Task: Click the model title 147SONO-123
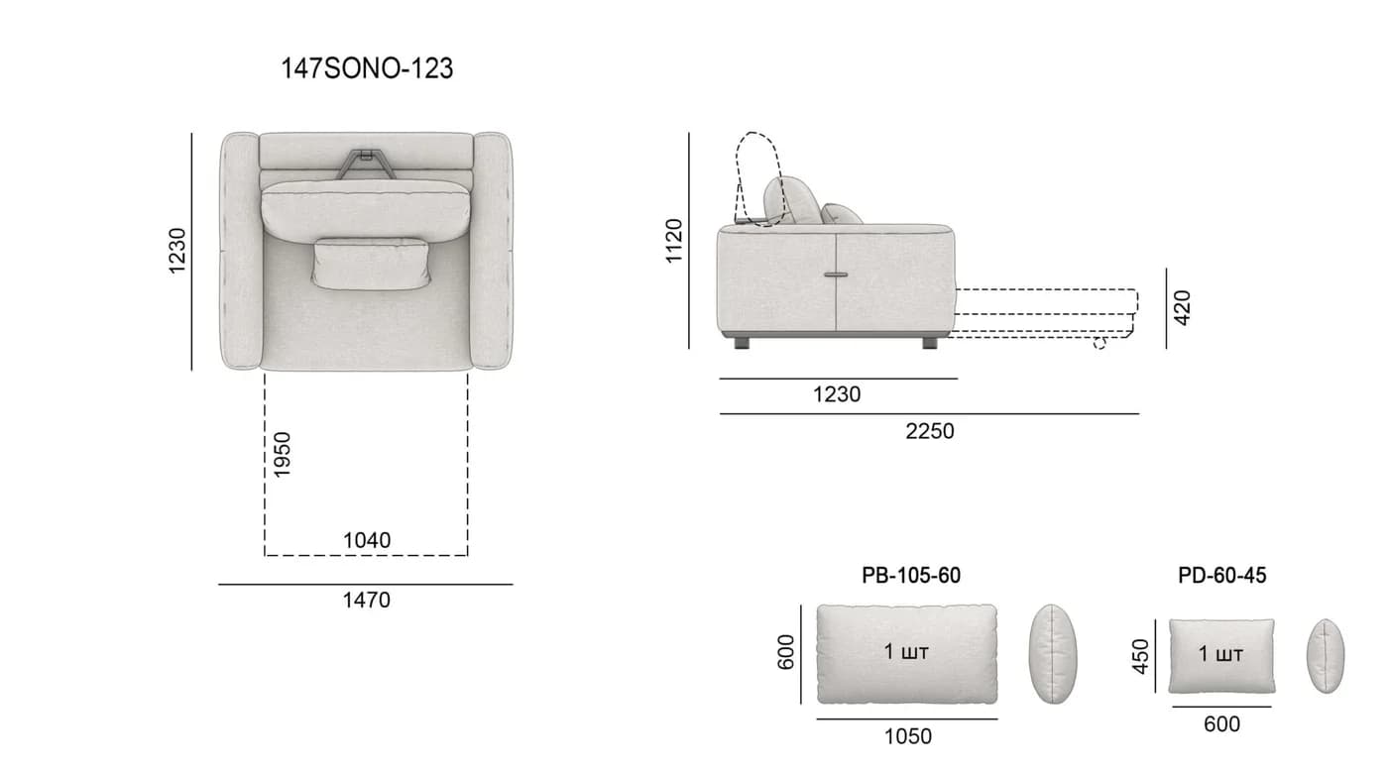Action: coord(367,68)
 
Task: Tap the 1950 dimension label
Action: coord(282,455)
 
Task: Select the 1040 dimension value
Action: coord(367,540)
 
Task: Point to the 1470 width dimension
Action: coord(367,600)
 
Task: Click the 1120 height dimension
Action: coord(673,241)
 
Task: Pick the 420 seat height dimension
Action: coord(1182,308)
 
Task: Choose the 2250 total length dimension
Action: coord(930,431)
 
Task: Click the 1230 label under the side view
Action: coord(837,394)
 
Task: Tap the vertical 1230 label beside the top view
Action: coord(176,251)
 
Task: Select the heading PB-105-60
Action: coord(911,576)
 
